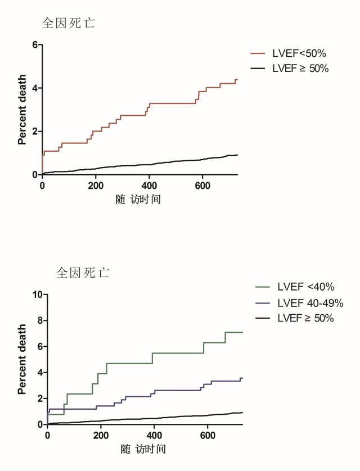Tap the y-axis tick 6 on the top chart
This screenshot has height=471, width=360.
click(35, 44)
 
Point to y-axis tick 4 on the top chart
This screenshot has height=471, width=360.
click(35, 88)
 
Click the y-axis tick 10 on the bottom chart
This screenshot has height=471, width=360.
click(38, 294)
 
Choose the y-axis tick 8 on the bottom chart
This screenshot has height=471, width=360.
click(40, 320)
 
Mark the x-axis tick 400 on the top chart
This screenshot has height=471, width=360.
click(150, 186)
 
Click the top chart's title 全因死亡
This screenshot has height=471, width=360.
click(69, 24)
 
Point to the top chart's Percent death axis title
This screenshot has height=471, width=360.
click(22, 110)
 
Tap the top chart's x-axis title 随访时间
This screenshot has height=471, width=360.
click(138, 199)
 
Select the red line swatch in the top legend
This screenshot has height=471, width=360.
click(258, 54)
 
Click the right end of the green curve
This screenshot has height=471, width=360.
click(242, 332)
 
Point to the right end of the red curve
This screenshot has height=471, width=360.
click(237, 80)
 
